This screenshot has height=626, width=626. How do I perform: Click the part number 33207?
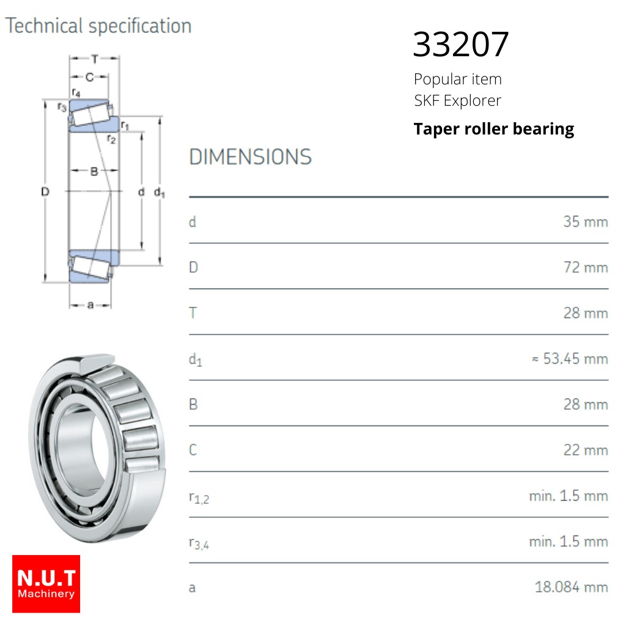point(461,44)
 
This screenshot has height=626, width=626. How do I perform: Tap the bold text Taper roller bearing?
point(494,130)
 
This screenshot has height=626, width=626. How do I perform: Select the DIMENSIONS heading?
point(250,157)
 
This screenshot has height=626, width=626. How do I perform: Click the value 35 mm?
point(586,221)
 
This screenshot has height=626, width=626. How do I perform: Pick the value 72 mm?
point(586,267)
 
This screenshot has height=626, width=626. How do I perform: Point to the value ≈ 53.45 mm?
point(570,358)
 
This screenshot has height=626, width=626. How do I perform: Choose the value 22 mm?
point(586,450)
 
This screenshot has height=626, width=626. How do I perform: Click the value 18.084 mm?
point(572,587)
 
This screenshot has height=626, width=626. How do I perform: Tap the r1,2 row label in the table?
point(199,498)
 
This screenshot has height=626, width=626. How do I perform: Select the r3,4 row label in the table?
point(199,543)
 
